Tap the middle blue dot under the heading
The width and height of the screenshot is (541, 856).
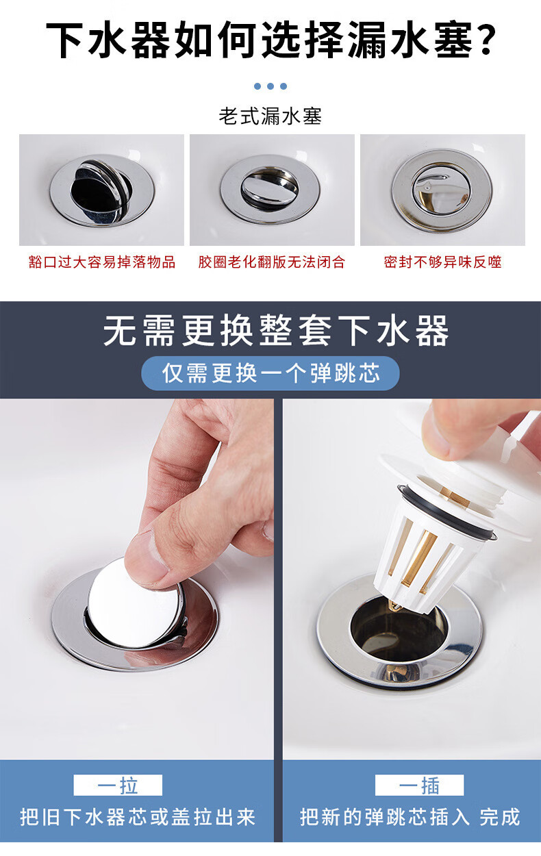click(x=270, y=86)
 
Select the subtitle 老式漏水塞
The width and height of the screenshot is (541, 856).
click(x=270, y=116)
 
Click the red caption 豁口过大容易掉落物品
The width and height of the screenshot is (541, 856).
click(x=101, y=262)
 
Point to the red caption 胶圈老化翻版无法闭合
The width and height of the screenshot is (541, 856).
click(x=272, y=262)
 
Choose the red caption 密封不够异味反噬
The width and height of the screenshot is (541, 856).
click(x=442, y=262)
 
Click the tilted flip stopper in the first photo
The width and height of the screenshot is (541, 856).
click(x=101, y=190)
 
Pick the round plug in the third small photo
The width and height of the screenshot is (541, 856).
click(x=441, y=189)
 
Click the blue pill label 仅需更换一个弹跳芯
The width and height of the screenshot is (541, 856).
click(x=270, y=373)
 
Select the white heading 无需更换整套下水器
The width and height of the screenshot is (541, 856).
click(x=276, y=331)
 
